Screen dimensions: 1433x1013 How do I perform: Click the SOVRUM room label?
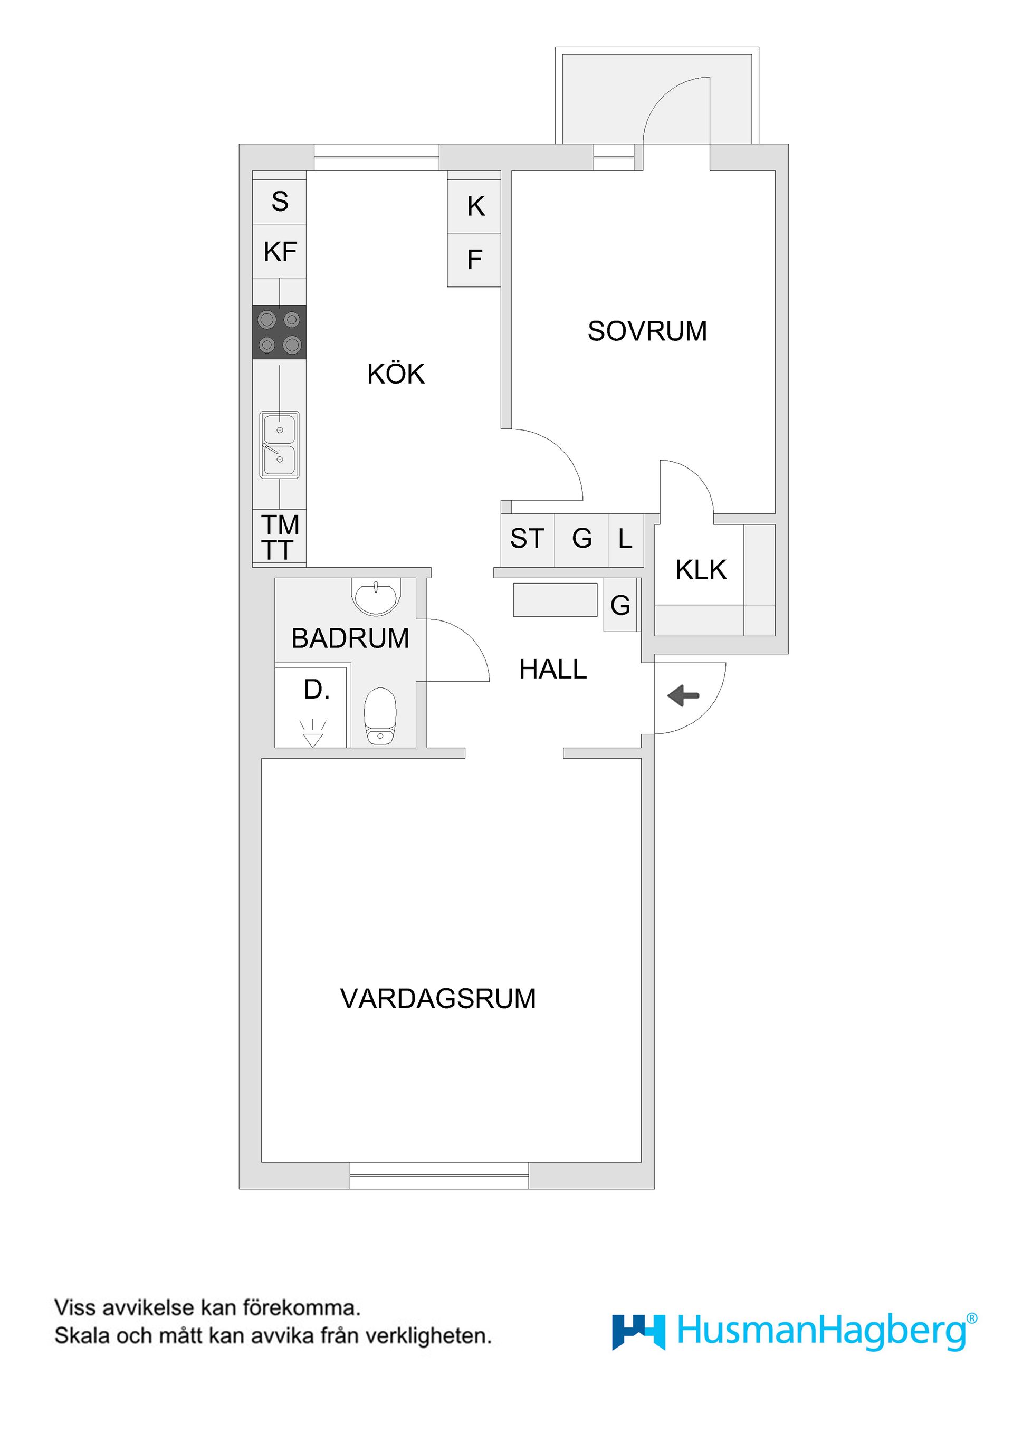(647, 331)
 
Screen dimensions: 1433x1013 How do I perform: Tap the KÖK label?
(396, 375)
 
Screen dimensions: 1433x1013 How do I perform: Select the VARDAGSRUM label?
(437, 999)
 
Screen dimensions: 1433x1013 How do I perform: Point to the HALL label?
(552, 670)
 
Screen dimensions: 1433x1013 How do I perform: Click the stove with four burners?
(279, 332)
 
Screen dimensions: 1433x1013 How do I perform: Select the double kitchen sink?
(279, 445)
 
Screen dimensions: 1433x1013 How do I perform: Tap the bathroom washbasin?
(375, 596)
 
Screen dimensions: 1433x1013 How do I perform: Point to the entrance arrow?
(683, 695)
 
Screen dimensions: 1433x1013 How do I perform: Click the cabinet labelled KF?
(280, 252)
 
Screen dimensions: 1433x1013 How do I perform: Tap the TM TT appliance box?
(279, 537)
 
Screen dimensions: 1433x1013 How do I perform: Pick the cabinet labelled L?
(625, 539)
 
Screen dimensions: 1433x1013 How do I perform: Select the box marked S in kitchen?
(280, 202)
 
